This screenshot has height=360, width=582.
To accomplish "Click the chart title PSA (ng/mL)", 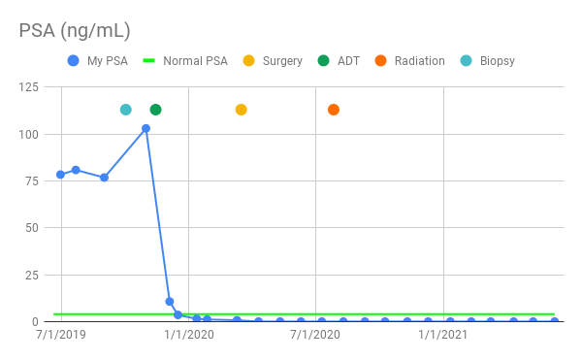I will click(x=75, y=30).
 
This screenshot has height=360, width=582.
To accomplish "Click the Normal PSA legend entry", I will click(x=186, y=61).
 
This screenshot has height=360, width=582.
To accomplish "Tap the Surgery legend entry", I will click(x=275, y=61).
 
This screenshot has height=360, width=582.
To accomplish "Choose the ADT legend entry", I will click(x=340, y=61).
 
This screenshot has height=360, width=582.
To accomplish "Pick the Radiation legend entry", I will click(x=410, y=61).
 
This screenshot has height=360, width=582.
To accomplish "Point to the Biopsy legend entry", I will click(x=487, y=61).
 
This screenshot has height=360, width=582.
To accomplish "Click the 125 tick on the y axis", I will click(x=29, y=87).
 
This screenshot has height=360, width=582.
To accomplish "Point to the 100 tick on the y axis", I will click(x=29, y=134).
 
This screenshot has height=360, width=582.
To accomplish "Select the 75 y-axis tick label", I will click(x=33, y=180).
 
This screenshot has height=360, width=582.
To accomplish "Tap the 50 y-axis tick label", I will click(x=33, y=228).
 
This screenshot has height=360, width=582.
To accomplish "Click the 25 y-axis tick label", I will click(x=33, y=275).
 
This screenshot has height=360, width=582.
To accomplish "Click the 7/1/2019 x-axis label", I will click(x=60, y=336).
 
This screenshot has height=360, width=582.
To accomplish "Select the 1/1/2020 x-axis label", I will click(x=188, y=336).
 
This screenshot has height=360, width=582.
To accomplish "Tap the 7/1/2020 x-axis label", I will click(x=316, y=336).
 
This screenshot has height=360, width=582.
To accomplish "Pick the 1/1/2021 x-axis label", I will click(x=444, y=336).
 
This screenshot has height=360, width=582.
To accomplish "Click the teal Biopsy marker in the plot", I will click(x=126, y=110).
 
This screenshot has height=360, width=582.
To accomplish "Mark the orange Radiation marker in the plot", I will click(x=334, y=110).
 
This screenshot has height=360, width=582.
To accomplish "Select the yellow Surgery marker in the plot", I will click(x=241, y=110).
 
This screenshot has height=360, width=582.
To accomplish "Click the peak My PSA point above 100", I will click(x=145, y=128).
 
